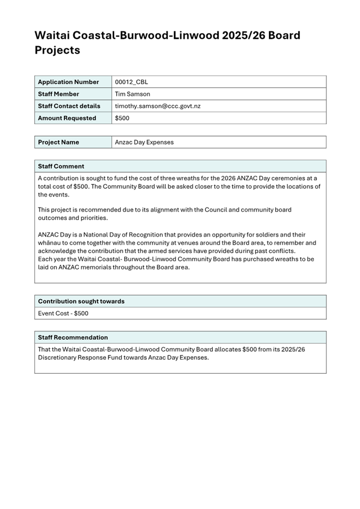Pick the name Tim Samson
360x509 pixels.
click(x=132, y=94)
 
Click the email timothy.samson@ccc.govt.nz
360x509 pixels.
click(x=157, y=106)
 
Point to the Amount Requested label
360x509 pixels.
click(x=67, y=118)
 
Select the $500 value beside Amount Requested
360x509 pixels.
click(x=122, y=118)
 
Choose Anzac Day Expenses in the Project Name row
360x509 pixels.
click(x=144, y=142)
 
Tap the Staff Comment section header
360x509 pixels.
click(x=61, y=166)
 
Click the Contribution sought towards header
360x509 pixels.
click(x=81, y=301)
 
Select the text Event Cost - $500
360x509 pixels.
click(x=63, y=313)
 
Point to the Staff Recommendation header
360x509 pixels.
click(x=73, y=337)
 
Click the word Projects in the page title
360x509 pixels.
click(x=57, y=50)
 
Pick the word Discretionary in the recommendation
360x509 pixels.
click(x=61, y=357)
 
